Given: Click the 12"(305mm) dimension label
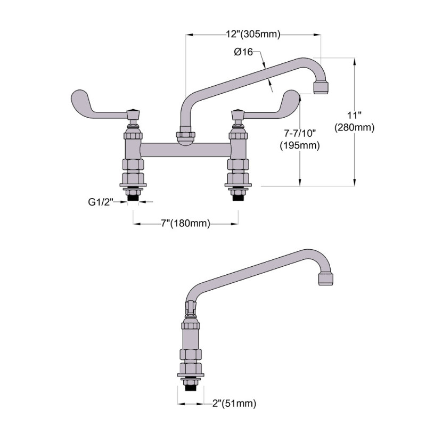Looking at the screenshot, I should tap(253, 35).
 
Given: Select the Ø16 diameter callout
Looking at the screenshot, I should tap(244, 52).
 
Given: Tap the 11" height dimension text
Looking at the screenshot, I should tap(354, 116).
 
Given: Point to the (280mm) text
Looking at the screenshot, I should tap(354, 128).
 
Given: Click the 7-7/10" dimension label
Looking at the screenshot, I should tap(299, 133).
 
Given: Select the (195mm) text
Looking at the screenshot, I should tap(299, 145).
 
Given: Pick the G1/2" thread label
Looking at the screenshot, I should tap(101, 202).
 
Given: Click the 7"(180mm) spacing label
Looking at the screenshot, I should tap(185, 224).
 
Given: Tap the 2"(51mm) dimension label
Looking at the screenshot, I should tap(233, 404).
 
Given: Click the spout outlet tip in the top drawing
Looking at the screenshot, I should tap(322, 87).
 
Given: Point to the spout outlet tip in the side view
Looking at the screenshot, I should tap(326, 279).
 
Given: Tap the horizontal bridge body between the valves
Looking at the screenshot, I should tap(185, 150).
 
